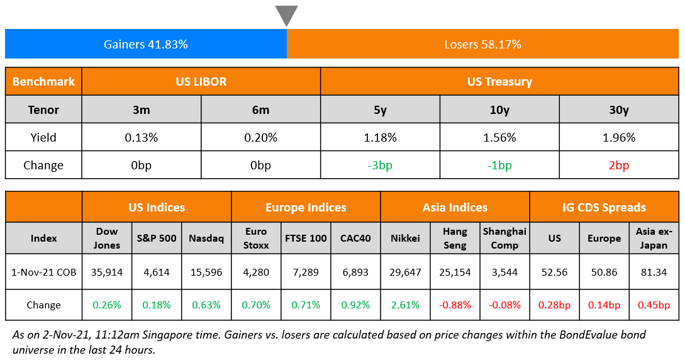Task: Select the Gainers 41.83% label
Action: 146,45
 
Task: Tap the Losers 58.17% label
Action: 482,45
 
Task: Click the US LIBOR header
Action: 201,82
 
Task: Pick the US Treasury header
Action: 499,82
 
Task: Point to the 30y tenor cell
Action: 619,110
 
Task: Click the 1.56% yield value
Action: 499,137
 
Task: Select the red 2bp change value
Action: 619,166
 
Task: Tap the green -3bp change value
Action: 380,166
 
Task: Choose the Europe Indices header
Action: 306,207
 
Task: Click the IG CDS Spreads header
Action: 604,207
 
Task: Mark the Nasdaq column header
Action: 206,239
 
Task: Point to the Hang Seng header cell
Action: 455,239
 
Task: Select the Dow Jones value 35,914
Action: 107,272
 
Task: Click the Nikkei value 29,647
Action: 405,272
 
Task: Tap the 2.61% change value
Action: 405,305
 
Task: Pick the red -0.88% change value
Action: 455,305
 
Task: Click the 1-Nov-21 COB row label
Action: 44,272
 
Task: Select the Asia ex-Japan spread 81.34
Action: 654,272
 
